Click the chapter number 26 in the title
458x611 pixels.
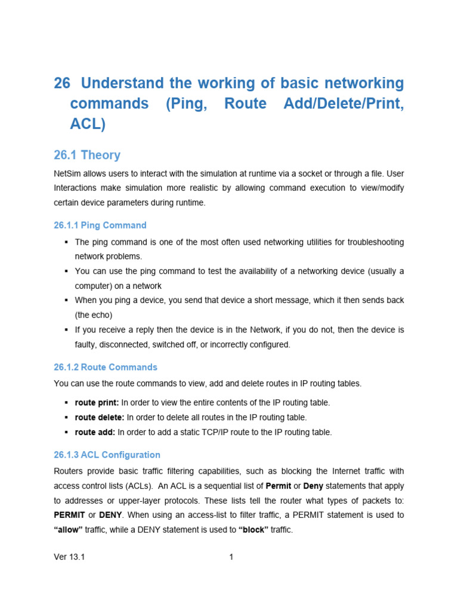62,83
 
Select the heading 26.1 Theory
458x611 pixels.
87,155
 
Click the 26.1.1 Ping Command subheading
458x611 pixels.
100,225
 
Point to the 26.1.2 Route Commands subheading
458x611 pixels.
106,367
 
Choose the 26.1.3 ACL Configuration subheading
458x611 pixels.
107,455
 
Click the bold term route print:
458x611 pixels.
97,403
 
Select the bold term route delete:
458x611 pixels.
100,417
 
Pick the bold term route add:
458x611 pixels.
95,432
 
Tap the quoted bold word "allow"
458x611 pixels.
68,529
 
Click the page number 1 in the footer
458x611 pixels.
231,557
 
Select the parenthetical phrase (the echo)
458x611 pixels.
94,315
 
